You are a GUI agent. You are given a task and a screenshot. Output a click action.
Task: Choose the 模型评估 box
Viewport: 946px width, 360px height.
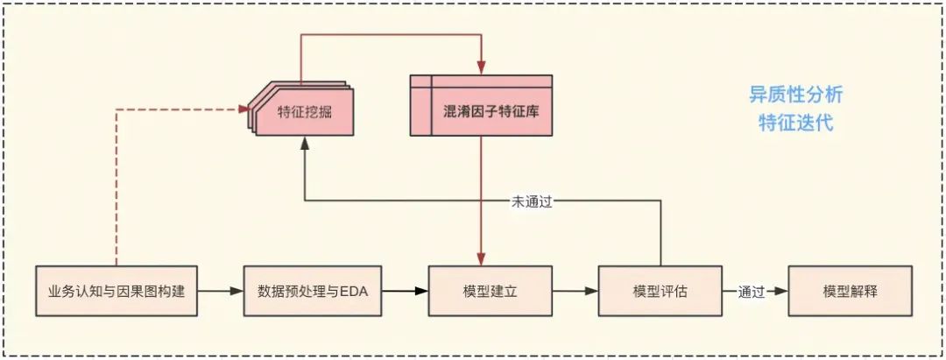660,291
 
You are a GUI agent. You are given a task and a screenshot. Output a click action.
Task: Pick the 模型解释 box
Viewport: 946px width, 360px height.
850,291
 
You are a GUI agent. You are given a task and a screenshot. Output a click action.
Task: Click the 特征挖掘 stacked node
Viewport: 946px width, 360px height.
302,111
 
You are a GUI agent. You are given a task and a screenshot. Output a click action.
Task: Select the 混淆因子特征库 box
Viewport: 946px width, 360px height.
481,112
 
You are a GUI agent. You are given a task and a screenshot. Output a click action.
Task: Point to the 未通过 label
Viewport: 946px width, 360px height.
533,201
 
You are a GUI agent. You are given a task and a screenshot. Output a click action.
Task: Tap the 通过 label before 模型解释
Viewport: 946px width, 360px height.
752,291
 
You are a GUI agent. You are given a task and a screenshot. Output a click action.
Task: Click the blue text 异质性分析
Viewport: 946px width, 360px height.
795,95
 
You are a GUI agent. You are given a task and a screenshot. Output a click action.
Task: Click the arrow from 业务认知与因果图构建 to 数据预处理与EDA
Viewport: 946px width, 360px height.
220,291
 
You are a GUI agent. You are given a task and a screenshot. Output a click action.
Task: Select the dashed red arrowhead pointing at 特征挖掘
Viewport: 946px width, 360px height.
244,109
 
